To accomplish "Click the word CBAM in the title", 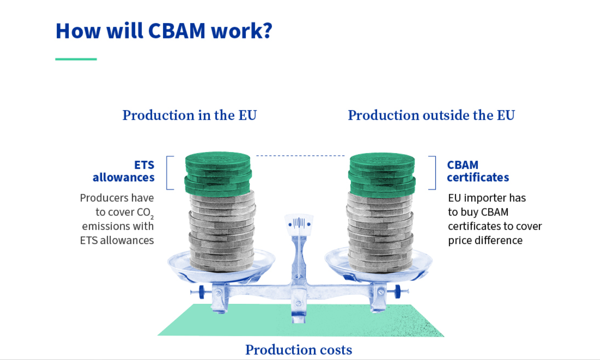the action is click(x=176, y=31).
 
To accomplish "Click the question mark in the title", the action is click(x=267, y=30).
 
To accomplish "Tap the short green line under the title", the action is click(x=76, y=59).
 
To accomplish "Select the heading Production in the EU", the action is click(x=190, y=115).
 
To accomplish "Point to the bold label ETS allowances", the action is click(x=124, y=171).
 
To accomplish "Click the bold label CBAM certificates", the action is click(x=478, y=171).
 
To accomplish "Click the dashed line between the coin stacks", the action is click(x=300, y=155).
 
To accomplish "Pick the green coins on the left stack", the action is click(x=218, y=174).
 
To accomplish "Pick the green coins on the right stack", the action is click(x=382, y=175).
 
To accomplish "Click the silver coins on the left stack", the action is click(x=222, y=231).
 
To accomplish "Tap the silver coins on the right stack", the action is click(x=380, y=233).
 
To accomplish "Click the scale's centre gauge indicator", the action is click(x=299, y=224).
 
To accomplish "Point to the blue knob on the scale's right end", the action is click(x=398, y=292).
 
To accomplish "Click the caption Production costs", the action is click(x=299, y=350).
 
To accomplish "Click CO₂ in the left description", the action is click(x=145, y=213).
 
